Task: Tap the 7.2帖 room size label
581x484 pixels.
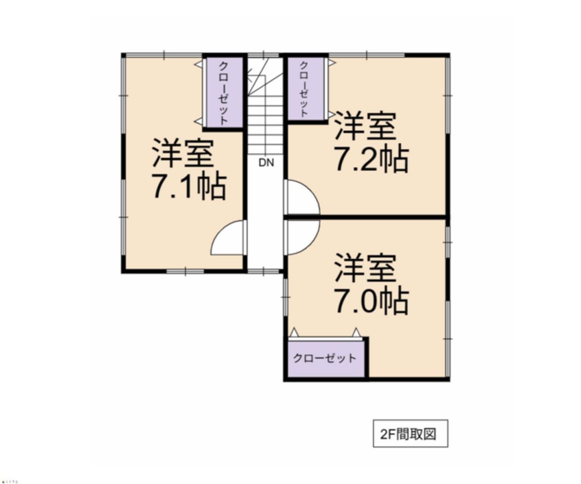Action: pyautogui.click(x=371, y=159)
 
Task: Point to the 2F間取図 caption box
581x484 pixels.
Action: pyautogui.click(x=410, y=433)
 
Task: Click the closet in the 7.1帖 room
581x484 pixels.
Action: pyautogui.click(x=224, y=92)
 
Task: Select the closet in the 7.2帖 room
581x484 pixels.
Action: pyautogui.click(x=305, y=89)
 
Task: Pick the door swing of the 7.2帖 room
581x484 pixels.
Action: pyautogui.click(x=302, y=198)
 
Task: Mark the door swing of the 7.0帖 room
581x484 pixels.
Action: pyautogui.click(x=301, y=236)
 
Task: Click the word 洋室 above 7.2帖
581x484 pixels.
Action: pyautogui.click(x=366, y=125)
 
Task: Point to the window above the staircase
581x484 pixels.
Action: pyautogui.click(x=264, y=55)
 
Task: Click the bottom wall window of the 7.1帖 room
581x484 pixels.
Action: pyautogui.click(x=185, y=272)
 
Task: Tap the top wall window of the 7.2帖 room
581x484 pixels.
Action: pyautogui.click(x=366, y=55)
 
